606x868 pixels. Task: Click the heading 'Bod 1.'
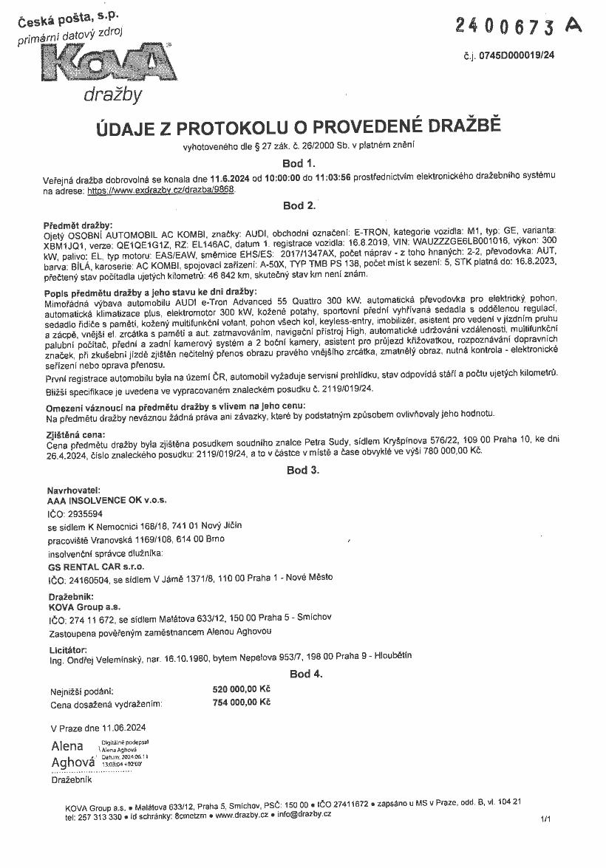tap(299, 163)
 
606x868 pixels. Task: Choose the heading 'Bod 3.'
tap(302, 470)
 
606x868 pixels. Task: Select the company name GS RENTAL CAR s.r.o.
tap(95, 566)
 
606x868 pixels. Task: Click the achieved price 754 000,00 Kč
tap(241, 703)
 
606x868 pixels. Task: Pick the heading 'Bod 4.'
tap(306, 674)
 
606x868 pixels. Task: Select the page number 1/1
tap(546, 819)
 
